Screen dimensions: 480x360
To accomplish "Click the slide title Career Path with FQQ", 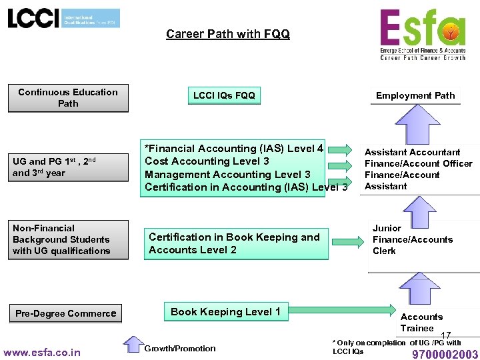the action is pyautogui.click(x=228, y=34).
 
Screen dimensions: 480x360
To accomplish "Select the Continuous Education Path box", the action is pyautogui.click(x=68, y=98).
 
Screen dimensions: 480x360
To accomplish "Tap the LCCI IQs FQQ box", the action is pyautogui.click(x=224, y=96).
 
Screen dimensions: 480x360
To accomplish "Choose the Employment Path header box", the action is pyautogui.click(x=415, y=95).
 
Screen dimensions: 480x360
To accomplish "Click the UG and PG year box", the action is pyautogui.click(x=68, y=167).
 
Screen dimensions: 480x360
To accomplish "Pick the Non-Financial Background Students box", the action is pyautogui.click(x=68, y=240).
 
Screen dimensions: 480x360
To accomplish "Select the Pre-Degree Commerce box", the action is pyautogui.click(x=66, y=313).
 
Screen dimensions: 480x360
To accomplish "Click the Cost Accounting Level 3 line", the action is pyautogui.click(x=207, y=161).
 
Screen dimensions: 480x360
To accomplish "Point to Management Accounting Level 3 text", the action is pyautogui.click(x=227, y=175).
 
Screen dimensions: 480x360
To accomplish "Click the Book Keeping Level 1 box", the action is pyautogui.click(x=225, y=312).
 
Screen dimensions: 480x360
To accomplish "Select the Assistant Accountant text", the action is pyautogui.click(x=412, y=152).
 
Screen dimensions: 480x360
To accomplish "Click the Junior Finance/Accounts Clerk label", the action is pyautogui.click(x=412, y=239).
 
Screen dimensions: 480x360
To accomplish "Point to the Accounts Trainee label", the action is pyautogui.click(x=421, y=322).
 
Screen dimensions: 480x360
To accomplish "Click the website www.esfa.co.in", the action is pyautogui.click(x=42, y=352).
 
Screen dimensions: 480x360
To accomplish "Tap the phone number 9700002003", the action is pyautogui.click(x=445, y=354).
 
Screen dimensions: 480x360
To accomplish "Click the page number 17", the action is pyautogui.click(x=446, y=335).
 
